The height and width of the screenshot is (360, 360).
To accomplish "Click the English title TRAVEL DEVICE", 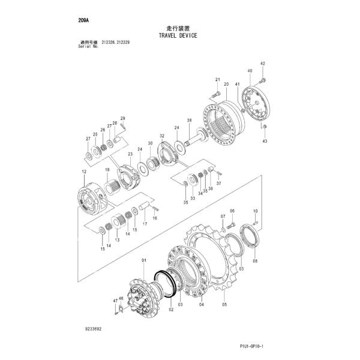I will coord(178,35).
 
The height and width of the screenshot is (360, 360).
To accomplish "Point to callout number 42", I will coord(262,63).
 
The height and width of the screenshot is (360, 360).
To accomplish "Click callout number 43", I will coord(266,141).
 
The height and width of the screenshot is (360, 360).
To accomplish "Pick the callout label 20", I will coord(226,85).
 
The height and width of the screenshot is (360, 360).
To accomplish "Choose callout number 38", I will coord(189,121).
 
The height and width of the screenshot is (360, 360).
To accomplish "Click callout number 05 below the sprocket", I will coord(224,304).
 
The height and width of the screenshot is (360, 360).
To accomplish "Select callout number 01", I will coord(144,259).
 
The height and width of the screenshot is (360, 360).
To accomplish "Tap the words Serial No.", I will coord(71,47).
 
